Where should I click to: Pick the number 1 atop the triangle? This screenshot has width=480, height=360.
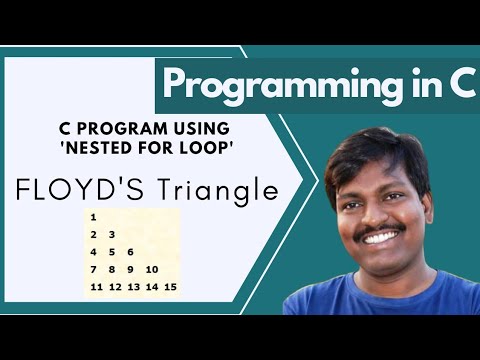coord(93,217)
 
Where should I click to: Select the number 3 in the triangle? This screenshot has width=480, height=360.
coord(111,234)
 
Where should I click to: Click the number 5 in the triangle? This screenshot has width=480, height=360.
coord(111,252)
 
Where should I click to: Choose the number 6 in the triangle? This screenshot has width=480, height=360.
coord(130,252)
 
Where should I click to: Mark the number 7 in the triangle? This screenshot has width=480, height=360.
coord(93,269)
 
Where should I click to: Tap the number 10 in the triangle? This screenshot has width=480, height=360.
coord(152,269)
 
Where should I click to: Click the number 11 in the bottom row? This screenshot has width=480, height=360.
coord(96,287)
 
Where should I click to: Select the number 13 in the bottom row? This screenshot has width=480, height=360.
coord(134,287)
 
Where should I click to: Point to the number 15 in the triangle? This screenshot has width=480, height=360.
coord(171,287)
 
